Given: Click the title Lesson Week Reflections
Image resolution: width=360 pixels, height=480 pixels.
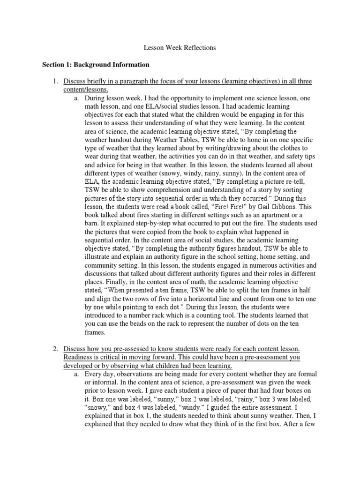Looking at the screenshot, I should pyautogui.click(x=180, y=48).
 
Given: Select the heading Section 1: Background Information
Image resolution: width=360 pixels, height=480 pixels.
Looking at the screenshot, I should pyautogui.click(x=96, y=65).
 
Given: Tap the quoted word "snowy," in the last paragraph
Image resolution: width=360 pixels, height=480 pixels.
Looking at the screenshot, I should pyautogui.click(x=99, y=408).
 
